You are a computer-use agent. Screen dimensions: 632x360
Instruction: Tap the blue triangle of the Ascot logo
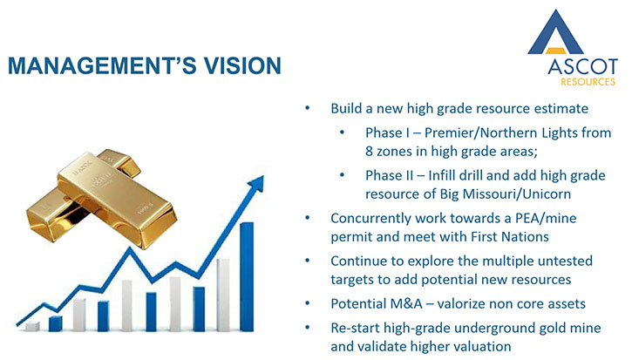point(555,33)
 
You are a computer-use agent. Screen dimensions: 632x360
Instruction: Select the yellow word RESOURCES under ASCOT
point(588,82)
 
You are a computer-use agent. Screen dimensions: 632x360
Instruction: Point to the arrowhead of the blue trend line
point(257,183)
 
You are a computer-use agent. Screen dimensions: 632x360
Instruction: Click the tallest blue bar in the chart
point(247,277)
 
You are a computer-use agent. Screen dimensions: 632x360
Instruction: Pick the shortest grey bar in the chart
point(32,327)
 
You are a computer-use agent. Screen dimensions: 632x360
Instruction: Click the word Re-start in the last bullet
point(355,328)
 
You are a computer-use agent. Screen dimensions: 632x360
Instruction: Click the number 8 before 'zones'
point(370,151)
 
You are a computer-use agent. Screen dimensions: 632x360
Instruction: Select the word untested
point(565,261)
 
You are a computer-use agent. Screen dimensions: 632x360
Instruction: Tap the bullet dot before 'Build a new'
point(308,107)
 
